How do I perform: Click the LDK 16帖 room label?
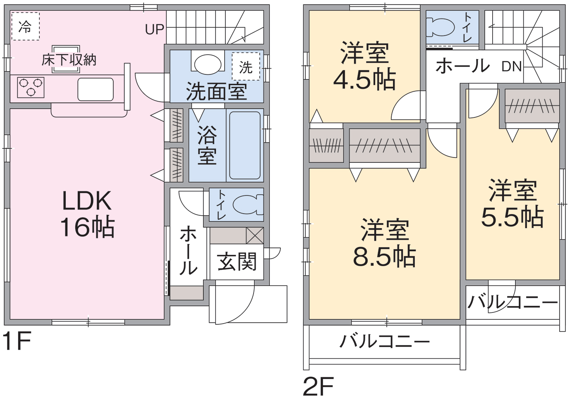click(87, 214)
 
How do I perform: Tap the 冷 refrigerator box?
click(25, 26)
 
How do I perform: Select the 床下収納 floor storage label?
click(69, 60)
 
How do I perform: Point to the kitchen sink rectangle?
click(96, 89)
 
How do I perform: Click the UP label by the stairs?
click(155, 29)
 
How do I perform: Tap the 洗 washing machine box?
click(246, 67)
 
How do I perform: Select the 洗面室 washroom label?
click(216, 91)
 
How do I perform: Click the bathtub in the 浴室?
click(245, 145)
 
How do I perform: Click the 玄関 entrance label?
click(237, 262)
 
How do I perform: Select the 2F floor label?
click(318, 387)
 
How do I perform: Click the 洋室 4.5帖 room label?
click(364, 66)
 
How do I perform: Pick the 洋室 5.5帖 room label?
click(513, 203)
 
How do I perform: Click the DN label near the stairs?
click(512, 66)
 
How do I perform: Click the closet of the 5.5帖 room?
click(532, 106)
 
